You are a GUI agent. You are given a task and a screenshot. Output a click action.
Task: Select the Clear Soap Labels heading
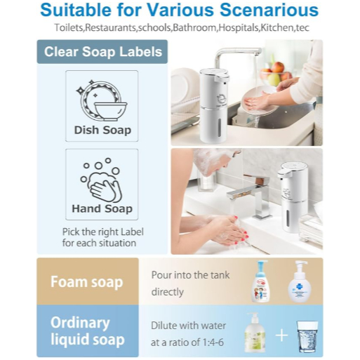(103, 52)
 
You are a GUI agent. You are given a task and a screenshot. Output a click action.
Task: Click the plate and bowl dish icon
(102, 100)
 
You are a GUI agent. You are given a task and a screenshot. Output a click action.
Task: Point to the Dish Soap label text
(102, 130)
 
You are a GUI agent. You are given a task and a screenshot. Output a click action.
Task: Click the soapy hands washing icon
(101, 180)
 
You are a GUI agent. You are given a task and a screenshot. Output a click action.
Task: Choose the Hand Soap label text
(102, 208)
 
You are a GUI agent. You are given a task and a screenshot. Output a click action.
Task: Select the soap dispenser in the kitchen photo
(213, 105)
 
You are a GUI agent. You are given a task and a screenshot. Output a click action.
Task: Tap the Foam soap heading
(87, 281)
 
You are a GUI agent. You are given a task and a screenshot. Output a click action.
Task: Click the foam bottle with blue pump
(261, 281)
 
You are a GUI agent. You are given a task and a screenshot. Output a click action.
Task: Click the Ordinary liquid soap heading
(88, 331)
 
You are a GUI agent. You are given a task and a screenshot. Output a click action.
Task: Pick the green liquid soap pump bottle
(255, 332)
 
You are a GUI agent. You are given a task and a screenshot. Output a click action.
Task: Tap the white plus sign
(281, 335)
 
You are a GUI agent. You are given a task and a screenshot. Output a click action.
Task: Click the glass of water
(307, 337)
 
